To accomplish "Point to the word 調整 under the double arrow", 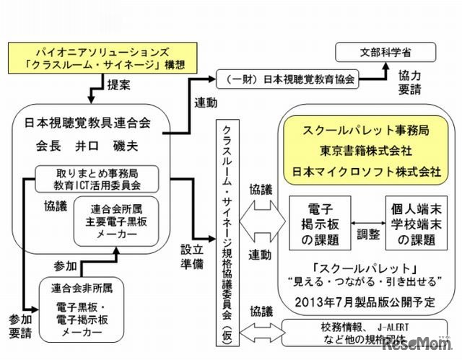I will click(x=366, y=234).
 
